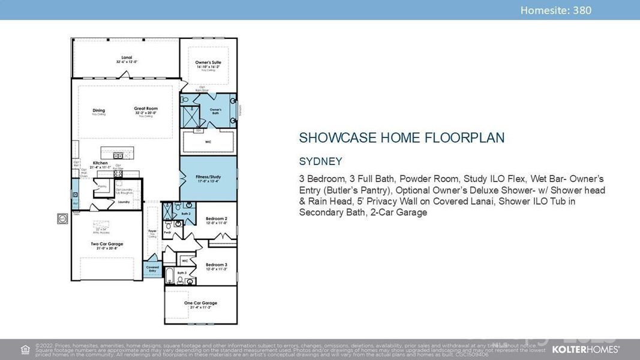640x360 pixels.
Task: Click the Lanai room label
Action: (127, 58)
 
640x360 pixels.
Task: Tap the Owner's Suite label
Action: (208, 62)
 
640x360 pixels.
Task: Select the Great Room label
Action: (145, 109)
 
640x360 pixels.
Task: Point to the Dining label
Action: (99, 110)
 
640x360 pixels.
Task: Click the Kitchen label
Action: (100, 163)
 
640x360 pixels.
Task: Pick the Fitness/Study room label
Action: (208, 177)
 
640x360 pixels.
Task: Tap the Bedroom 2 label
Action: (216, 219)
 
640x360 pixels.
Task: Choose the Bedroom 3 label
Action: (216, 265)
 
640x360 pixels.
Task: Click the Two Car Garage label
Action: (106, 244)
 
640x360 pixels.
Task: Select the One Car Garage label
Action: (200, 303)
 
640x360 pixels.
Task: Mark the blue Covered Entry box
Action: (152, 269)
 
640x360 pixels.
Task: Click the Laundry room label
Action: (124, 202)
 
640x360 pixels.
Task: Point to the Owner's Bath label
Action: (215, 111)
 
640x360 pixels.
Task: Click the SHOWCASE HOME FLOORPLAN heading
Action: (401, 138)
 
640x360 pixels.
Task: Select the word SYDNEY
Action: (320, 161)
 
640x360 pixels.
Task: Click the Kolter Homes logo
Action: (585, 349)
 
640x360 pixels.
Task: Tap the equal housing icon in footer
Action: (25, 349)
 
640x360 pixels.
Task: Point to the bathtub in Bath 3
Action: (170, 277)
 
